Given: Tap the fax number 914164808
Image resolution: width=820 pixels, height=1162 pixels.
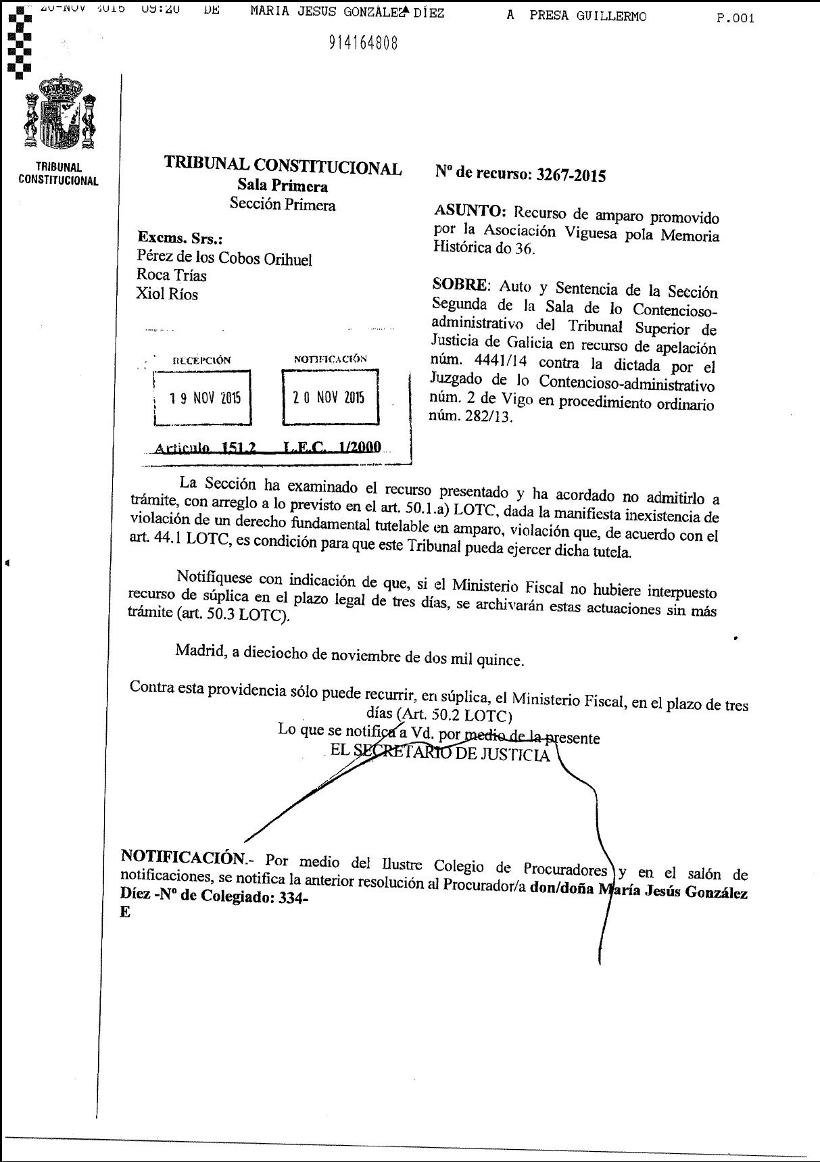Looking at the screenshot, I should click(x=363, y=43).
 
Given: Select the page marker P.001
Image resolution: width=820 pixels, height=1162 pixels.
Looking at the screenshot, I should click(x=735, y=18).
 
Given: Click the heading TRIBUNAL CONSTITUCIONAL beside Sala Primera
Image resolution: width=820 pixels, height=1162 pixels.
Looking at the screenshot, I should click(x=283, y=166).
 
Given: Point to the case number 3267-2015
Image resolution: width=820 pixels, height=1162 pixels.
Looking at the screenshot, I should click(x=571, y=175).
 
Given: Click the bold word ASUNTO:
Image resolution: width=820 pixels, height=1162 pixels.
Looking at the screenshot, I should click(x=470, y=211).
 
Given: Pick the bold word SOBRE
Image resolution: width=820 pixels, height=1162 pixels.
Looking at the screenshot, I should click(x=459, y=285).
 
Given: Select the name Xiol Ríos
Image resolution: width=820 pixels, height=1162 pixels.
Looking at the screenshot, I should click(x=167, y=294).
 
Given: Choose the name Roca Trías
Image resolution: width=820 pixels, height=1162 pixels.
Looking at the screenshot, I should click(x=172, y=275).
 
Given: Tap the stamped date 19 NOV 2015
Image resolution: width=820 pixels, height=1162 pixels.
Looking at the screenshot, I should click(x=205, y=397).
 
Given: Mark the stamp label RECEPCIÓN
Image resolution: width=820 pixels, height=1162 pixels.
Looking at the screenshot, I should click(x=201, y=360).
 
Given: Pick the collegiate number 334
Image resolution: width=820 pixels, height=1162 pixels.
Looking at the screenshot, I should click(x=290, y=897).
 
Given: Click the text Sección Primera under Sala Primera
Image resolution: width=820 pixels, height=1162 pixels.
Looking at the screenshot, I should click(x=283, y=204).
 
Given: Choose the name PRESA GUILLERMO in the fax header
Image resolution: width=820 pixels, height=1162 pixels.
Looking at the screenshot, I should click(x=587, y=16).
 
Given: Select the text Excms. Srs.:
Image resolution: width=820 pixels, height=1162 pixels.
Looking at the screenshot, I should click(x=180, y=238).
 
